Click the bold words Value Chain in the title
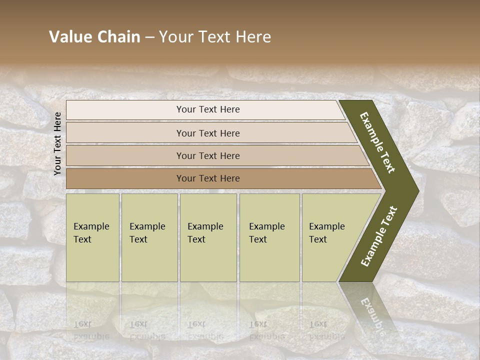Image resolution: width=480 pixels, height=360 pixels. (94, 37)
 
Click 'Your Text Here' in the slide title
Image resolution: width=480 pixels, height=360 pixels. (215, 37)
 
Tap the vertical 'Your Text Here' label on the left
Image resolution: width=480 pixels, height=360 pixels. (57, 143)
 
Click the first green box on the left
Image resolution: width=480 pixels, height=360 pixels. (92, 260)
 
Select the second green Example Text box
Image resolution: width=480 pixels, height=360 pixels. (149, 260)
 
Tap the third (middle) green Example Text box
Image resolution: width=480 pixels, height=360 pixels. (208, 260)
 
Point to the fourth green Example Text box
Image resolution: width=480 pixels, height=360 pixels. (269, 260)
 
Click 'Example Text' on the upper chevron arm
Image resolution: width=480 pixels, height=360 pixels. (377, 142)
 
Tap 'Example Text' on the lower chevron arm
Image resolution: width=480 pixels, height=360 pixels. (378, 236)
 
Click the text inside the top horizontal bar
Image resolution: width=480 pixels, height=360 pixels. (208, 109)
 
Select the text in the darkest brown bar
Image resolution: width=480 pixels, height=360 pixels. (208, 178)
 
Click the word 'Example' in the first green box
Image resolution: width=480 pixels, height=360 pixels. (91, 226)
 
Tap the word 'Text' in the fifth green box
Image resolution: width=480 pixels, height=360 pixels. (317, 239)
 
